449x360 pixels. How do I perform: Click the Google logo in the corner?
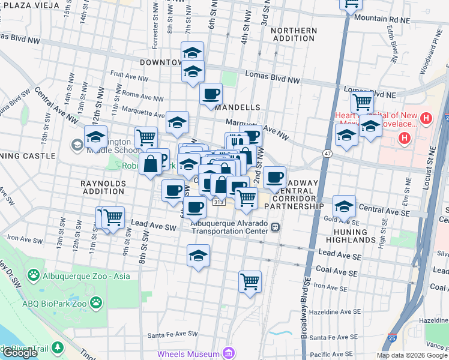pyautogui.click(x=20, y=353)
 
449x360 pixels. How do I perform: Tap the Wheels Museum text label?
pyautogui.click(x=188, y=354)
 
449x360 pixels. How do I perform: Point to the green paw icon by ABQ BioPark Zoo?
pyautogui.click(x=96, y=303)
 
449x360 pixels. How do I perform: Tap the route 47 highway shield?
pyautogui.click(x=327, y=154)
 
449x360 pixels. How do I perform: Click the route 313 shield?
pyautogui.click(x=218, y=203)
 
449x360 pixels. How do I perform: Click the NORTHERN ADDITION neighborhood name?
pyautogui.click(x=294, y=34)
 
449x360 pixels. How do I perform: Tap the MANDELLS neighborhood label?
pyautogui.click(x=236, y=107)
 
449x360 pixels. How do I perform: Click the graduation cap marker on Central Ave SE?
pyautogui.click(x=343, y=206)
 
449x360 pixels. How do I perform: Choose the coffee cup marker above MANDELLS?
pyautogui.click(x=211, y=94)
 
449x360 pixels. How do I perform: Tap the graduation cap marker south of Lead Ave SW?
pyautogui.click(x=198, y=256)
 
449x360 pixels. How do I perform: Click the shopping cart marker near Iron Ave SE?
pyautogui.click(x=250, y=281)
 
